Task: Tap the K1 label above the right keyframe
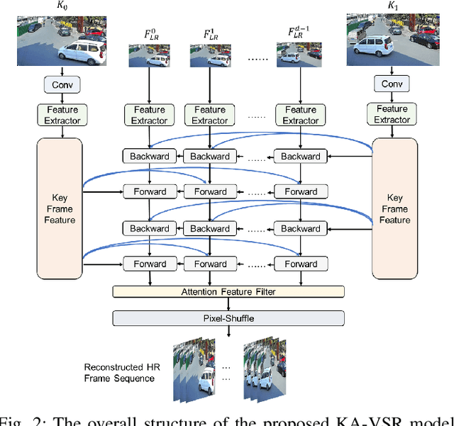tap(392, 6)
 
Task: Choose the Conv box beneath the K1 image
tap(392, 85)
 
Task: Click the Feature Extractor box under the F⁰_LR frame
tap(149, 115)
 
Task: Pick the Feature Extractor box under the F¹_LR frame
tap(210, 115)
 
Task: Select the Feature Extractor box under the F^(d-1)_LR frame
tap(301, 115)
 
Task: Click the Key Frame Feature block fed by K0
tap(60, 208)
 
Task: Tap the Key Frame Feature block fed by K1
tap(395, 208)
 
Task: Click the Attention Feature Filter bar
tap(228, 291)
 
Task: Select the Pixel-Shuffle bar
tap(228, 318)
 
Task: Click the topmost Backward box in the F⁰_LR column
tap(149, 156)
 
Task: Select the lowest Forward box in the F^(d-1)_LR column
tap(301, 264)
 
